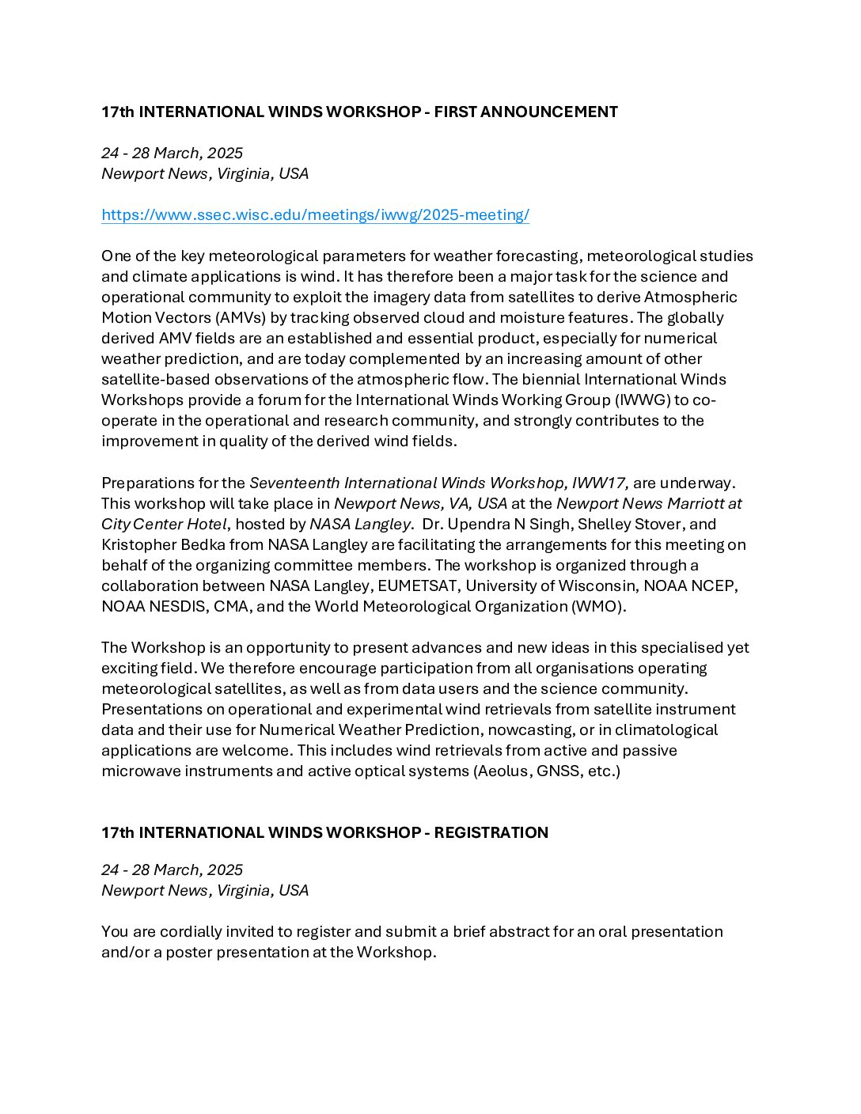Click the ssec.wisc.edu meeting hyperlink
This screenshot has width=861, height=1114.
[x=315, y=215]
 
